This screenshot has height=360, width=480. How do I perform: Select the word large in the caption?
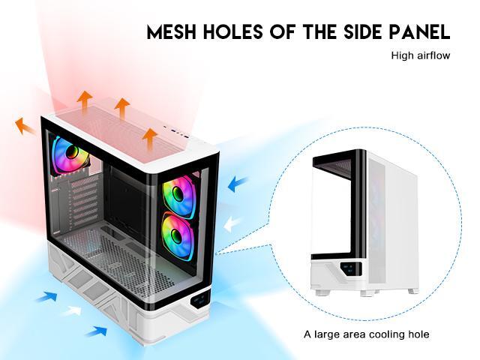click(327, 334)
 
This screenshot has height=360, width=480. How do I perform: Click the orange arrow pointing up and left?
click(25, 126)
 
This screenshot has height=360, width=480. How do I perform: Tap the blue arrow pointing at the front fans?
click(238, 183)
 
